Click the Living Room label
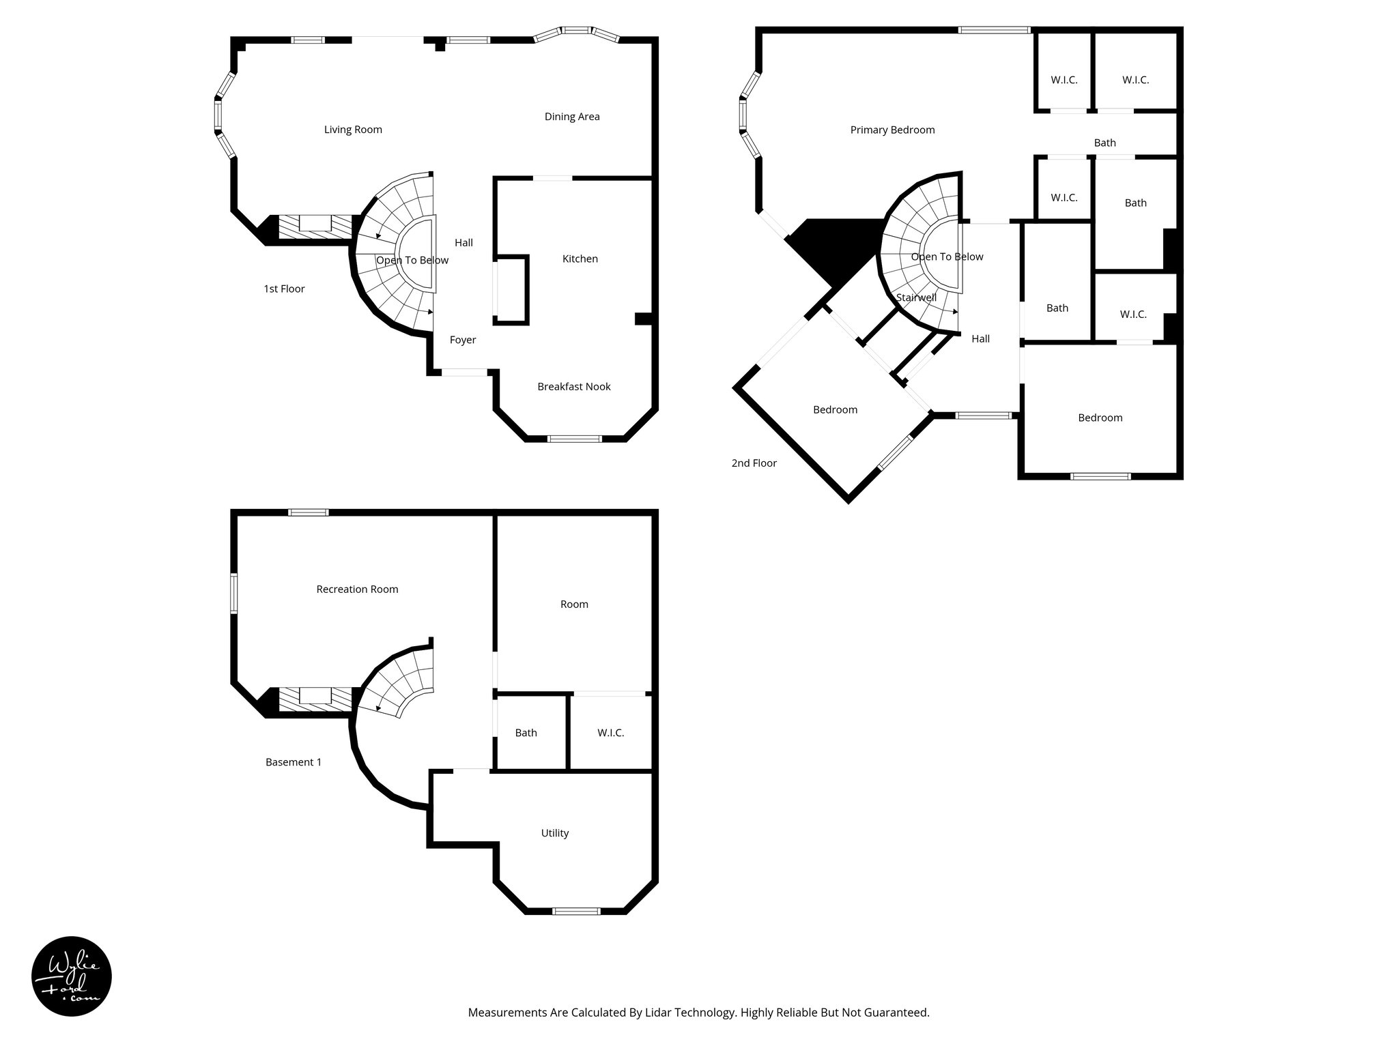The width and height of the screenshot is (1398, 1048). pos(353,130)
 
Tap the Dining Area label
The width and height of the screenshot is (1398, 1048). pos(572,117)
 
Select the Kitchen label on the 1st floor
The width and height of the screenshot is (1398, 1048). pos(580,259)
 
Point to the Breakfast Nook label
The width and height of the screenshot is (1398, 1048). pos(573,386)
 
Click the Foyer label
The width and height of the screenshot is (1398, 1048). pos(463,340)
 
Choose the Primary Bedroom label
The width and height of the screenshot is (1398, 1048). pos(892,130)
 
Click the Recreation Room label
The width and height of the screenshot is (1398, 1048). pos(357,589)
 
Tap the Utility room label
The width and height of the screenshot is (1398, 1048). pos(554,832)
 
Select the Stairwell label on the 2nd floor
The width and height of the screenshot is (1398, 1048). pos(916,297)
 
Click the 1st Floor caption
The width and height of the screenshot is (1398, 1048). pos(284,289)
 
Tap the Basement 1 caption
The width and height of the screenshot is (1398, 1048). pos(294,762)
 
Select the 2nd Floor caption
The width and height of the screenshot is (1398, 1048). pos(754,463)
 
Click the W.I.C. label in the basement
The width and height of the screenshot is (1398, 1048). pos(610,733)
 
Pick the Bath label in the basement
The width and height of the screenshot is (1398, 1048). pos(526,733)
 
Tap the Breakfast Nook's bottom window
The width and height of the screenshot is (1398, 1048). pos(575,439)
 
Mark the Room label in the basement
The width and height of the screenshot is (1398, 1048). pos(574,604)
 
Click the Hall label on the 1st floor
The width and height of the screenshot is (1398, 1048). pos(463,242)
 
